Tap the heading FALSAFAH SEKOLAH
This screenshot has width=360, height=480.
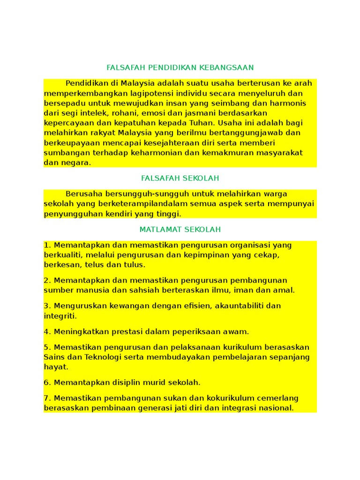[x=180, y=178]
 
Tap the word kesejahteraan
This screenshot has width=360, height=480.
[x=176, y=143]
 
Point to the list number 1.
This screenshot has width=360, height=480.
[x=46, y=245]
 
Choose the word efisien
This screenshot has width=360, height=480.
[x=191, y=306]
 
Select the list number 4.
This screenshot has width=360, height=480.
[x=46, y=332]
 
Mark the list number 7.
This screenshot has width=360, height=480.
[x=46, y=398]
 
